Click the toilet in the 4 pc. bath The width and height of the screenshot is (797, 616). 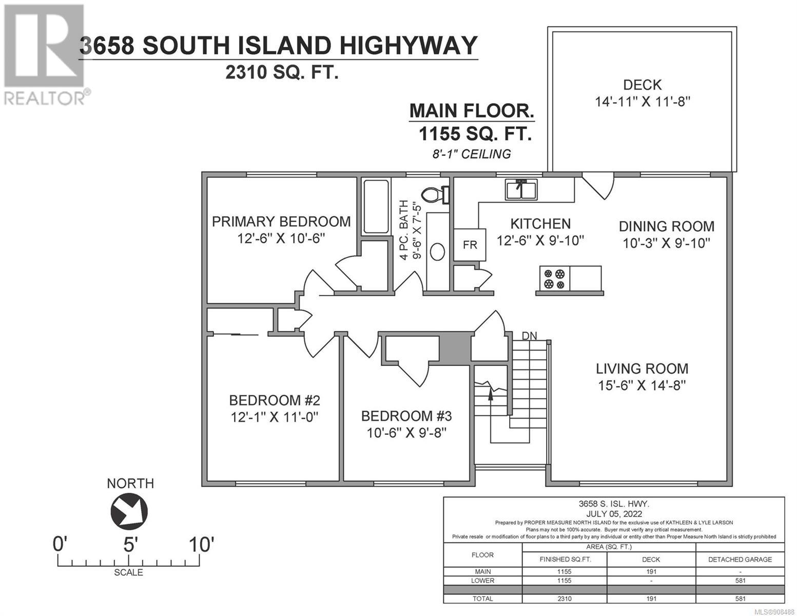(435, 195)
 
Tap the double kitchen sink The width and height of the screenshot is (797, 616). (521, 189)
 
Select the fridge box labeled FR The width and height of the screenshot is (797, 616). (470, 245)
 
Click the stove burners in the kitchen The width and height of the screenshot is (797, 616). (554, 279)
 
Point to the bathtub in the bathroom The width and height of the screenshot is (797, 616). (376, 206)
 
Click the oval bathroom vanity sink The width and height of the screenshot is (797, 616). (437, 252)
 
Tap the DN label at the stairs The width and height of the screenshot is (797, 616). (529, 336)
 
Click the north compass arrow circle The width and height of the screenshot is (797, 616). (129, 511)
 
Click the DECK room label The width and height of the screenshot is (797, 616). (643, 85)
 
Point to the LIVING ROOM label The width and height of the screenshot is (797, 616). (642, 369)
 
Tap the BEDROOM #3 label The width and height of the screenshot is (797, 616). (406, 416)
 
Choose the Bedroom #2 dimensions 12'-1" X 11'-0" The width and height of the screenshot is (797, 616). (275, 417)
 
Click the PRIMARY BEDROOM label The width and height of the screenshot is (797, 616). (281, 222)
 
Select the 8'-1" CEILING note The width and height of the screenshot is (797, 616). (471, 154)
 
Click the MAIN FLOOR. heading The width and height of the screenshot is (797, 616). (472, 111)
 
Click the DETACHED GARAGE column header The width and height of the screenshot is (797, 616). (740, 560)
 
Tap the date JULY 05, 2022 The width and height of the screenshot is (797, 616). (614, 514)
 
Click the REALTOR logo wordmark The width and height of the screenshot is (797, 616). (45, 99)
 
